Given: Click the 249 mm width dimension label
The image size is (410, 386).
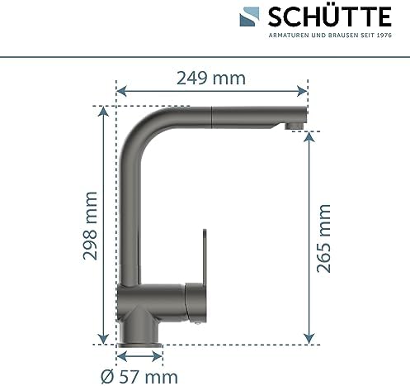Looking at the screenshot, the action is coord(211,79).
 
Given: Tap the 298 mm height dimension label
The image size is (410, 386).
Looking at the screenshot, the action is coord(90,226).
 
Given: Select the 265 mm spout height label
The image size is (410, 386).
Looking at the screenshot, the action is coord(323,238).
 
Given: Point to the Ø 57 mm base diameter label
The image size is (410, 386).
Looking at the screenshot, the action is coord(139,377).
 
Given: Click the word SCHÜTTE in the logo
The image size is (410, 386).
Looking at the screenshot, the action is coord(330,17).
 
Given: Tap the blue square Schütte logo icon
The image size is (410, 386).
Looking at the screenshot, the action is coord(249,17).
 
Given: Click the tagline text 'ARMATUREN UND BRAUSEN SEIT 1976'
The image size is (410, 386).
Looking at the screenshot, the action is coord(330,36).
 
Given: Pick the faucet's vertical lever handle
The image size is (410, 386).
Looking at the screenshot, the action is coord(205,257).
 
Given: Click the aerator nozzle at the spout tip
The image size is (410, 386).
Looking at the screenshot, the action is coord(294,126).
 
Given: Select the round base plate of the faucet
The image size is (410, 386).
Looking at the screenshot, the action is coord(139,345).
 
